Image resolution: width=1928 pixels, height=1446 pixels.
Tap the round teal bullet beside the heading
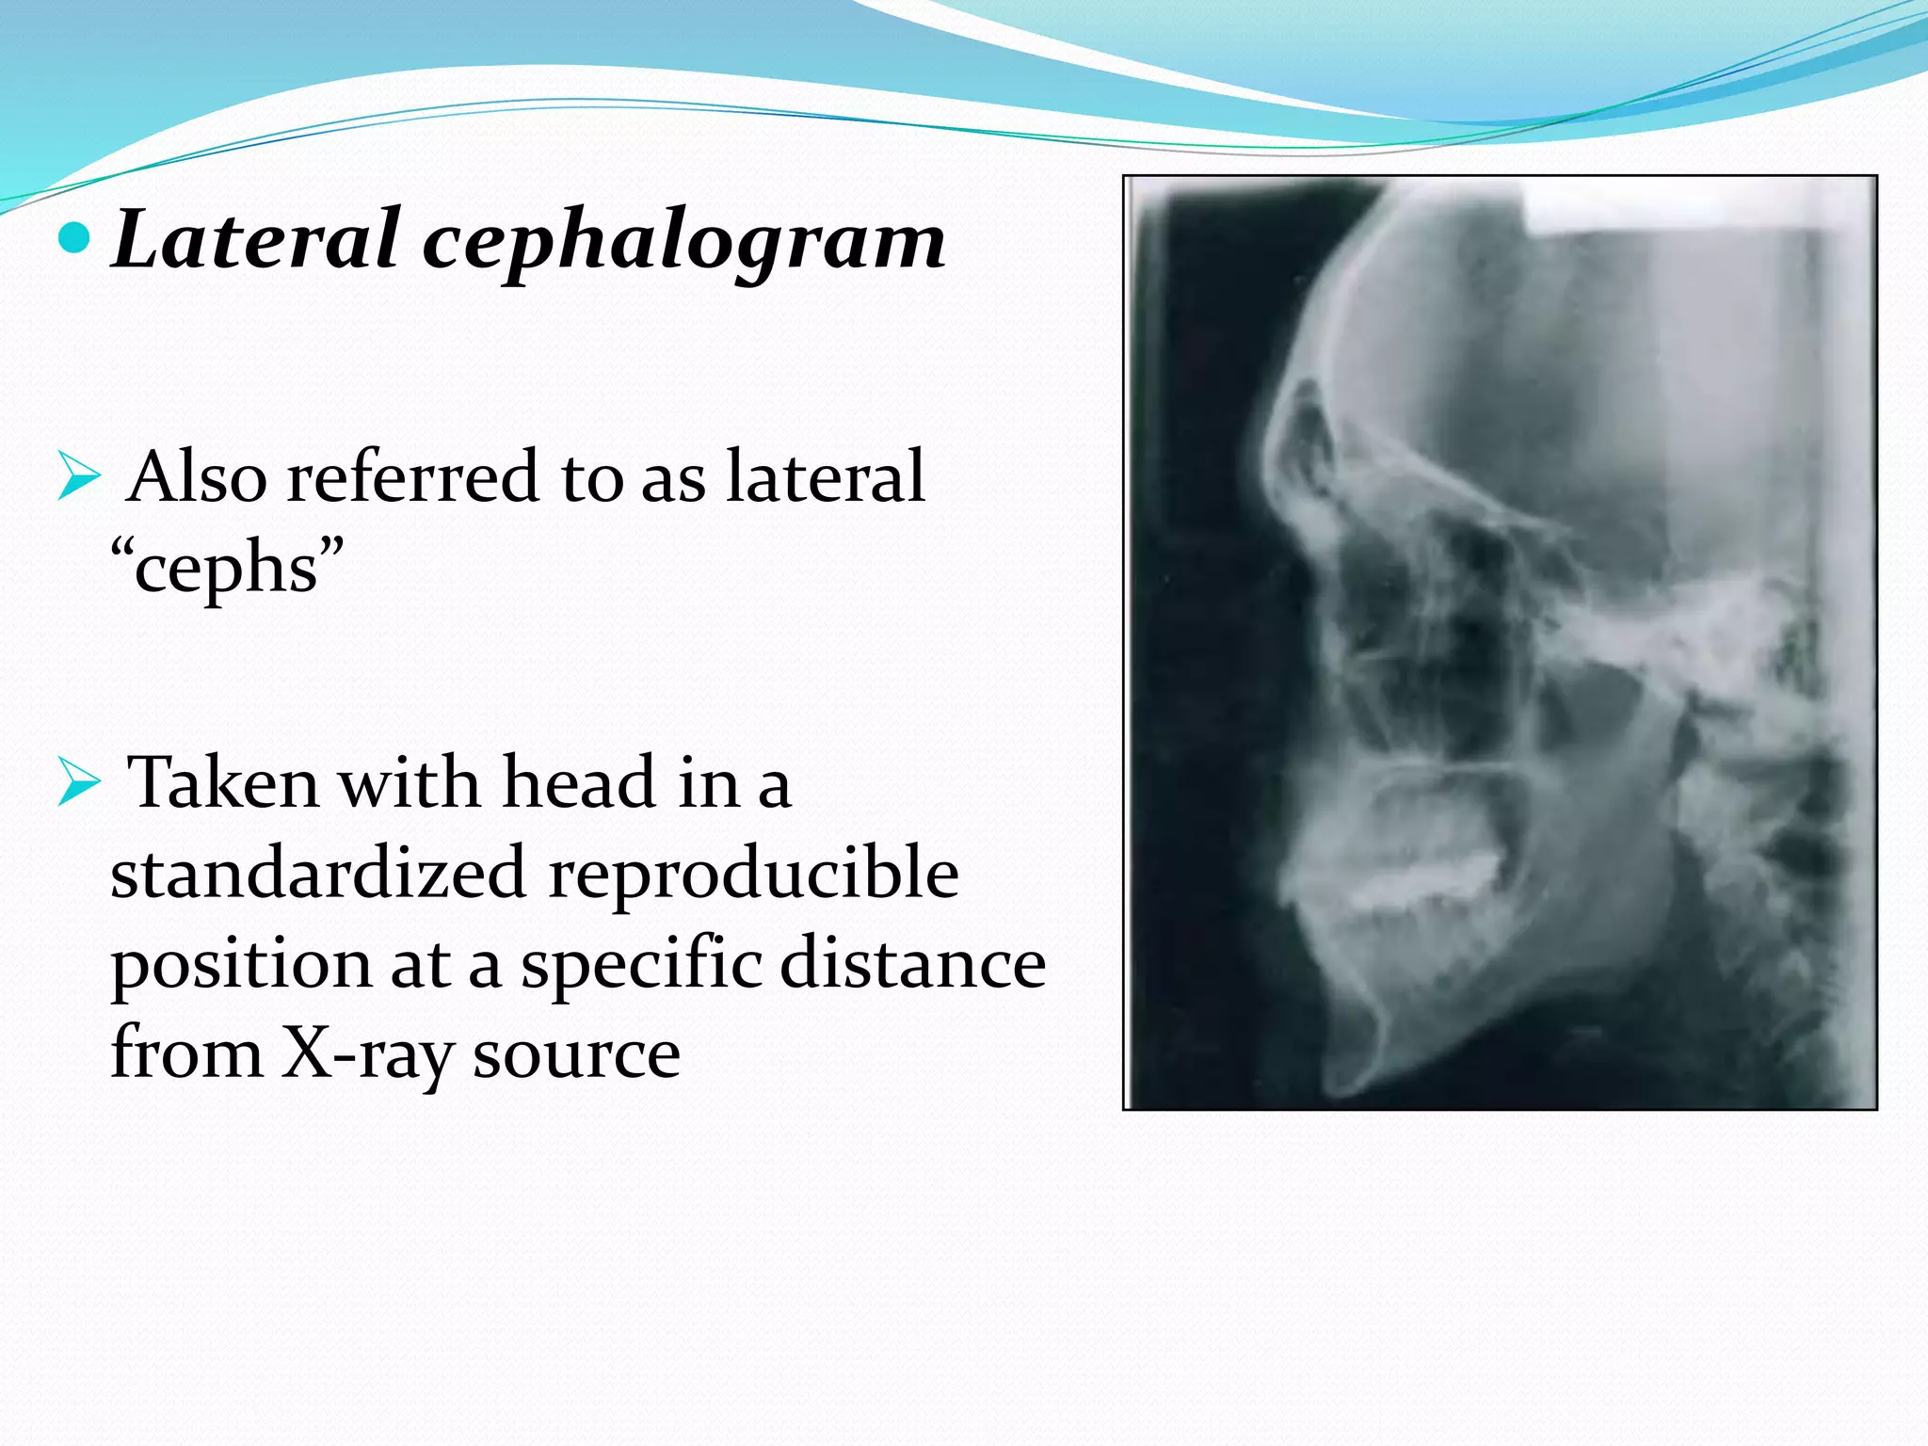[x=74, y=239]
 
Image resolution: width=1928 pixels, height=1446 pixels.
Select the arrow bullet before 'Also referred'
[x=78, y=476]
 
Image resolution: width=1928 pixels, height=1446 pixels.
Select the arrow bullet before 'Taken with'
[x=78, y=783]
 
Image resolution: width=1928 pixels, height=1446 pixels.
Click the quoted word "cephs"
[x=227, y=568]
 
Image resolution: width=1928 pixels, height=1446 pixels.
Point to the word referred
[x=413, y=477]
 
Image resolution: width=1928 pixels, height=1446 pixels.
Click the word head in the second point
[x=578, y=783]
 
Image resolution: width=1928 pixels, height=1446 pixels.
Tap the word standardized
[x=317, y=874]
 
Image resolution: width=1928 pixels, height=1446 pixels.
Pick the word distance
[x=912, y=964]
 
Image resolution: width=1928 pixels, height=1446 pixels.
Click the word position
[x=241, y=966]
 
